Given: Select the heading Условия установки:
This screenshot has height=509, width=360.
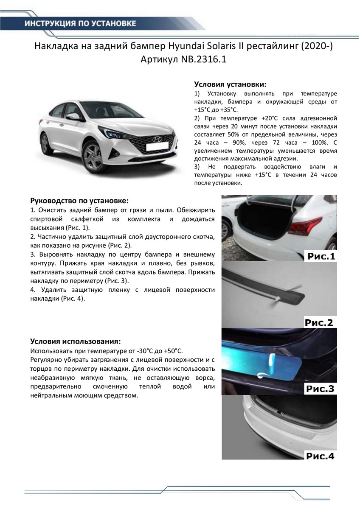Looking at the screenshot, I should pos(230,84).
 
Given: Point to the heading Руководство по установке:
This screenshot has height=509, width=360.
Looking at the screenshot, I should pos(79,200).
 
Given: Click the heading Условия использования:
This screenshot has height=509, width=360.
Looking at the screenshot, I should pos(75,341).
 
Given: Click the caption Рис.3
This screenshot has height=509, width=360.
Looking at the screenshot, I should pos(319,389).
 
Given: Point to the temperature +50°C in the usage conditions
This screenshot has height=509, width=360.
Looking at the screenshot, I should pos(172,351).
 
